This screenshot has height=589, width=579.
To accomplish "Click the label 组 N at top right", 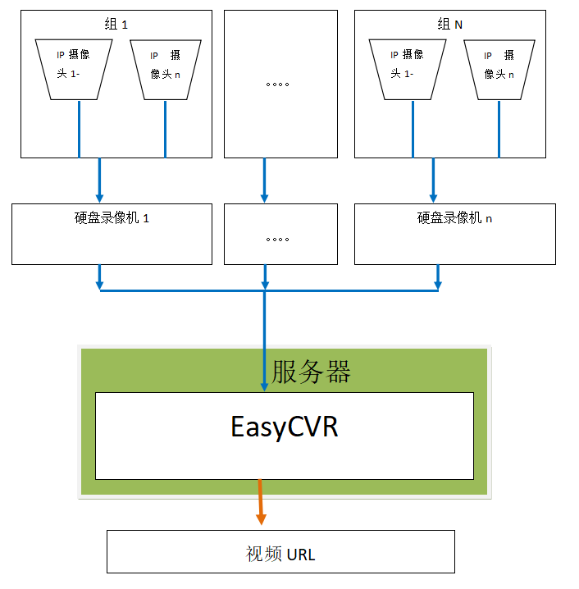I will [448, 25].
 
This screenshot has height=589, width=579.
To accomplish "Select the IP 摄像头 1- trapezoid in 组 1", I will [78, 70].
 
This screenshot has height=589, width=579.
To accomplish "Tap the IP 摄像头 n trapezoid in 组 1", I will [165, 70].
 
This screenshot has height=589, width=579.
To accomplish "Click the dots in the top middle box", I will [279, 84].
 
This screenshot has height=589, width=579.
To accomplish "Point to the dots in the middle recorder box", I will [279, 240].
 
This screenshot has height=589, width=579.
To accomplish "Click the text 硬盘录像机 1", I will [112, 219].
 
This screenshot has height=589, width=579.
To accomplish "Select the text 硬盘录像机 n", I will [454, 219].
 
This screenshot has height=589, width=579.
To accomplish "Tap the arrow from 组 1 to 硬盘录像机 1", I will [99, 180].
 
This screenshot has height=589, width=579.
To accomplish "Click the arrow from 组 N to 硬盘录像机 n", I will [433, 180].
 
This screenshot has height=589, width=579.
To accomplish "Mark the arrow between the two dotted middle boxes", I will [264, 180].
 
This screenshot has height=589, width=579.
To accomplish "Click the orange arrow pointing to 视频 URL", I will [261, 502].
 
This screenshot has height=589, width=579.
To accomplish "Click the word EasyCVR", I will [284, 427].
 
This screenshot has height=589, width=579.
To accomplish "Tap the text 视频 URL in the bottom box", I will [280, 555].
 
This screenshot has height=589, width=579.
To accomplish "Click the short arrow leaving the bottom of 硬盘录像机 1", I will [99, 277].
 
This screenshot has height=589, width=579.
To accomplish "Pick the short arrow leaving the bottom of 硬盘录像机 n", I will [437, 277].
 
